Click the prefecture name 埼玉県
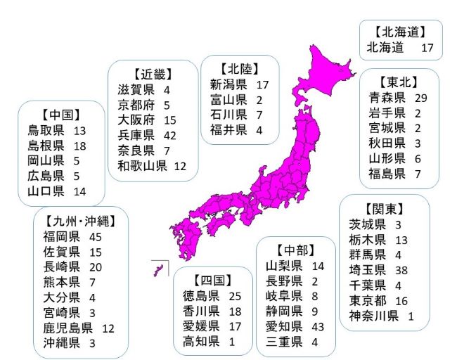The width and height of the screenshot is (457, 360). pyautogui.click(x=368, y=270)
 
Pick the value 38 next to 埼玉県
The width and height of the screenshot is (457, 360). pyautogui.click(x=401, y=270)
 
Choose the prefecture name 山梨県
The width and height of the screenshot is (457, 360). pyautogui.click(x=284, y=266)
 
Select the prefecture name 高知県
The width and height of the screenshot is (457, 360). pyautogui.click(x=201, y=341)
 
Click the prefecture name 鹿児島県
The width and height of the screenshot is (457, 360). pyautogui.click(x=67, y=327)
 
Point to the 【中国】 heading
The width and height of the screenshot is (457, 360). pyautogui.click(x=60, y=115)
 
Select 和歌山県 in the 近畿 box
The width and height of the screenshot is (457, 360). pyautogui.click(x=142, y=166)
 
